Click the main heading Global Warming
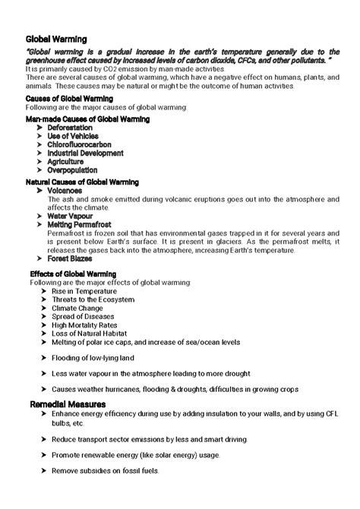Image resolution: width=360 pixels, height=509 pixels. click(56, 37)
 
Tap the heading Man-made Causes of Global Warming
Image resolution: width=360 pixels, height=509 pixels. click(87, 119)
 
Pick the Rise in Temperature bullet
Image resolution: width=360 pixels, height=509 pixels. click(84, 291)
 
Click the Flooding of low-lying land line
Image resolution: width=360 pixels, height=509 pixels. click(92, 357)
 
